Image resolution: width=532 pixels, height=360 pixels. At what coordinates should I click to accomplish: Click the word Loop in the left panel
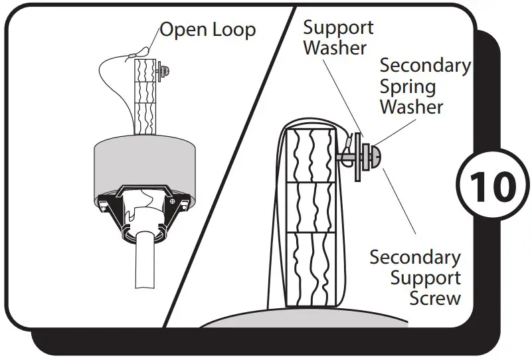click(232, 30)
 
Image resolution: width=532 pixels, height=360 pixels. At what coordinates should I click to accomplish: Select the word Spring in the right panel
click(408, 86)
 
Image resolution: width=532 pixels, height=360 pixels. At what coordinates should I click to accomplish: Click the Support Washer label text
click(338, 38)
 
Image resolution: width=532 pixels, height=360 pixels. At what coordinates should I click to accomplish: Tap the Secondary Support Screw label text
click(415, 277)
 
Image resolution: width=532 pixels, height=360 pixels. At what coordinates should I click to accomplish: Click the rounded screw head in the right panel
click(375, 157)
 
